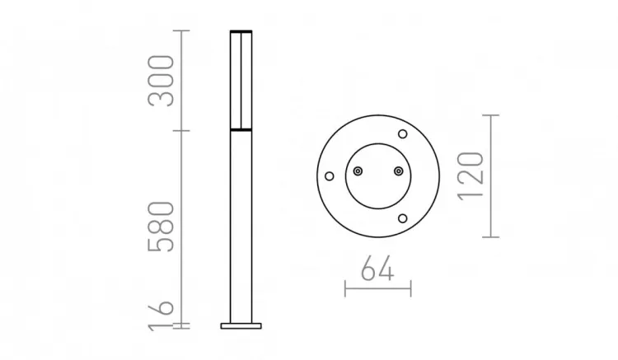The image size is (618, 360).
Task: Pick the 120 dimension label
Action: pyautogui.click(x=468, y=175)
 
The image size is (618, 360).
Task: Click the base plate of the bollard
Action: pyautogui.click(x=240, y=325)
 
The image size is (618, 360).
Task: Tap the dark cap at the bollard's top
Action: pyautogui.click(x=240, y=31)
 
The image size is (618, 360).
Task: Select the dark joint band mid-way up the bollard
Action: pyautogui.click(x=240, y=130)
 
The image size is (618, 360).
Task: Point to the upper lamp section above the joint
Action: pyautogui.click(x=240, y=81)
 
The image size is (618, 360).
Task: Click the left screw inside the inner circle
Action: pyautogui.click(x=358, y=171)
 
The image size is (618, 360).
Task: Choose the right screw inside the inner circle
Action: pyautogui.click(x=398, y=171)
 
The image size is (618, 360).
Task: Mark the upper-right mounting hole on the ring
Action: pyautogui.click(x=402, y=134)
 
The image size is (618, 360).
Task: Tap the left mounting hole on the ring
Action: pyautogui.click(x=329, y=175)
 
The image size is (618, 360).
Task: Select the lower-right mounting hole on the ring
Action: pyautogui.click(x=402, y=217)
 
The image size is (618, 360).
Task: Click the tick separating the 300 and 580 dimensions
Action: pyautogui.click(x=183, y=130)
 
